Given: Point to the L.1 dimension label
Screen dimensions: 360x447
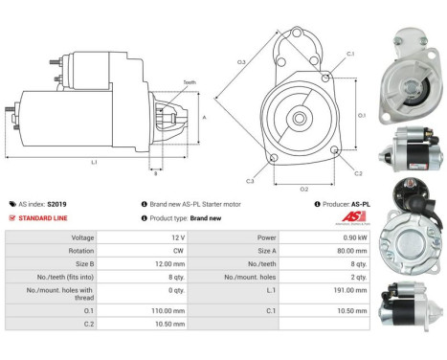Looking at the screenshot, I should (93, 163).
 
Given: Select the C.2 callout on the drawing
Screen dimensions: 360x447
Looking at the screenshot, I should (358, 173).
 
